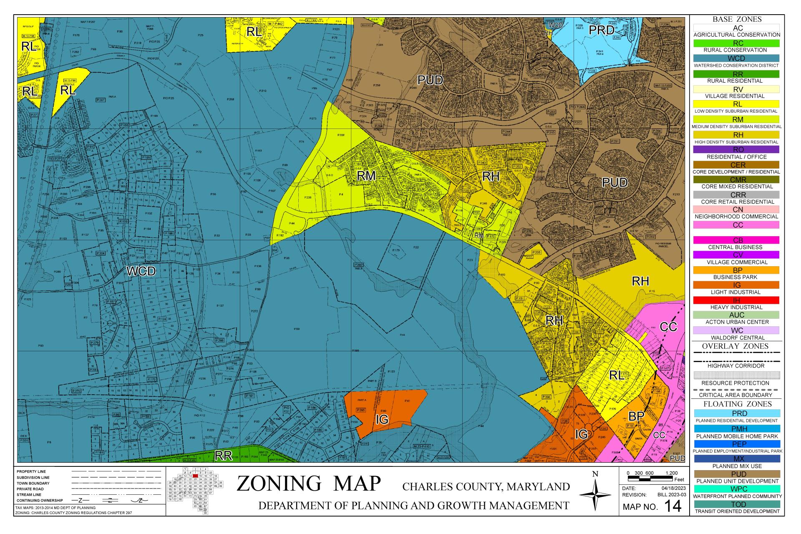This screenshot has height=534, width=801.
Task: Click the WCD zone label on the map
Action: [x=141, y=271]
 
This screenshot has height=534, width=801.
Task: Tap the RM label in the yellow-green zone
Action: [x=366, y=176]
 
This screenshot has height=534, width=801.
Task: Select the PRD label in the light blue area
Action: [x=601, y=30]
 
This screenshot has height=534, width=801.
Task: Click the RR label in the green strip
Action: [x=223, y=456]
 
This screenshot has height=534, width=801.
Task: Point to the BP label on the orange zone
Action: [x=637, y=416]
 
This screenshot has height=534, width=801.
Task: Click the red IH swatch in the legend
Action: [x=737, y=300]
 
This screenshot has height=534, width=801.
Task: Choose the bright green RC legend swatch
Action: [x=737, y=43]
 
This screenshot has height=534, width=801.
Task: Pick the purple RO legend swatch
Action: [x=737, y=149]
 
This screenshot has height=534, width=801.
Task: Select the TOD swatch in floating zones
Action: [x=737, y=504]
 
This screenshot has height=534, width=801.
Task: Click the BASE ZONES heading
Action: [x=737, y=19]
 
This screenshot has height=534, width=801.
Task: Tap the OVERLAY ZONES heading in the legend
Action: [x=737, y=346]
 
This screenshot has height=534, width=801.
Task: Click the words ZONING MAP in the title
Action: [x=309, y=484]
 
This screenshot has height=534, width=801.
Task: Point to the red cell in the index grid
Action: [x=195, y=476]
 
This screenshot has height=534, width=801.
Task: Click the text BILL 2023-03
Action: [x=671, y=495]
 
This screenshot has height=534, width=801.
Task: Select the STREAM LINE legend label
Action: [x=29, y=495]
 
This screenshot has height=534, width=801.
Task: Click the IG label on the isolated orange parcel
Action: [x=382, y=420]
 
